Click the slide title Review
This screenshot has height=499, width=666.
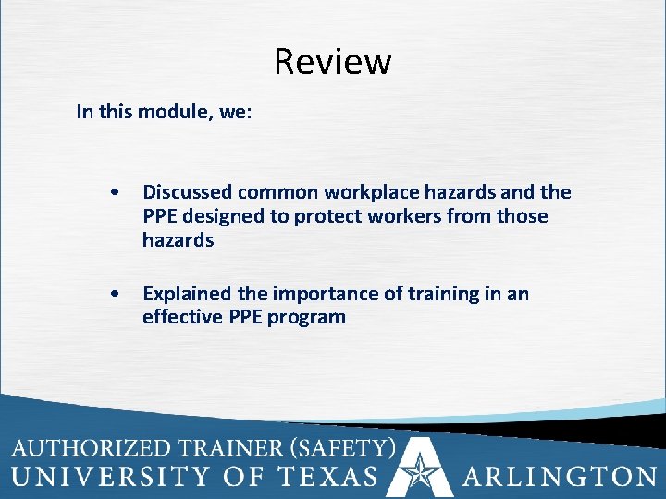point(333,62)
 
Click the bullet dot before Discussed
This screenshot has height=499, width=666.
point(113,193)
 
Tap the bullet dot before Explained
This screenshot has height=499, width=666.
point(113,295)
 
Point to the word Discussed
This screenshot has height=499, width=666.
point(187,193)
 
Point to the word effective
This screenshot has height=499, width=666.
point(179,318)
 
